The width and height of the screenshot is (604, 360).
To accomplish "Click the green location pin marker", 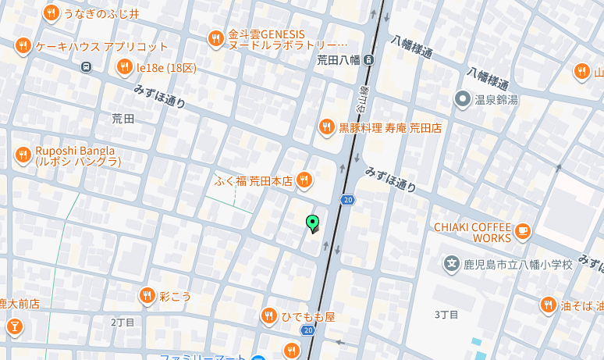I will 312,223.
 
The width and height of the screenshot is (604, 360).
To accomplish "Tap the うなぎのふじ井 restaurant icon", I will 52,12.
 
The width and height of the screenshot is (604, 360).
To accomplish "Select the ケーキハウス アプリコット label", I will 101,46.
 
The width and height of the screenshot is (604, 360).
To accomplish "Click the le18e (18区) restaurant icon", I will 124,68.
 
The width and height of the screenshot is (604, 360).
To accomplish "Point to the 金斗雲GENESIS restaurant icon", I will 216,37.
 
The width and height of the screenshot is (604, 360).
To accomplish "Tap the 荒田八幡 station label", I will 339,59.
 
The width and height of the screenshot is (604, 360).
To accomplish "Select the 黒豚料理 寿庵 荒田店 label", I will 390,127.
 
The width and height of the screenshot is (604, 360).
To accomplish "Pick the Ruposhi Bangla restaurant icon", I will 23,155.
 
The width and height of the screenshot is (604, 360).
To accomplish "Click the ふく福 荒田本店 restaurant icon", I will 304,180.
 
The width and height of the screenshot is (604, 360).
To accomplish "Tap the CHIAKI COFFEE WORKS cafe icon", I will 523,230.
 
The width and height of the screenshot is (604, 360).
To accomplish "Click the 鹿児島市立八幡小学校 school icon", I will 451,264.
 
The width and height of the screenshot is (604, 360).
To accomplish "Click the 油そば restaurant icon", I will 549,305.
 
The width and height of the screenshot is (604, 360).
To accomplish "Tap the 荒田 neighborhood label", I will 123,119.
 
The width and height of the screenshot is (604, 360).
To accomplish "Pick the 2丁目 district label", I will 123,322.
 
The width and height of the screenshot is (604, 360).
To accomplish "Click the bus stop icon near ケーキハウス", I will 86,66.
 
